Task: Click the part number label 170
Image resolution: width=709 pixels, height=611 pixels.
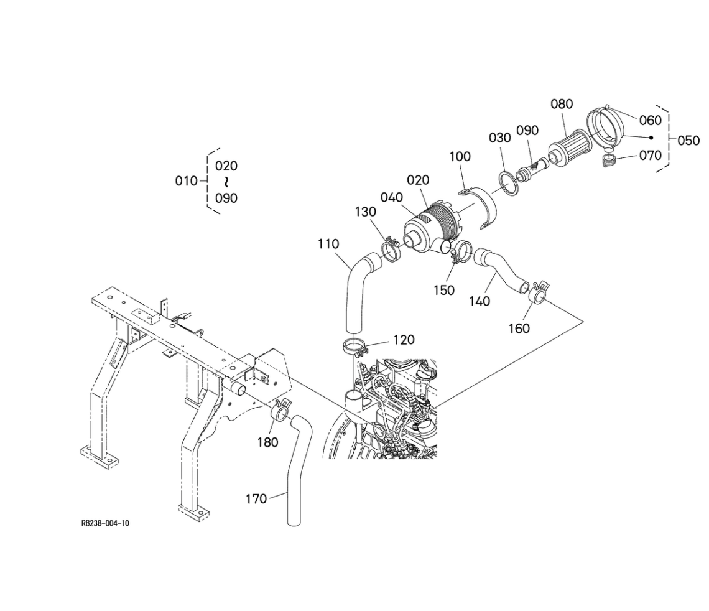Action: (256, 498)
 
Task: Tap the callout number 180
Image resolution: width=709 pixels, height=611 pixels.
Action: (269, 442)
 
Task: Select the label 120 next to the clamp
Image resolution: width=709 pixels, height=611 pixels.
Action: (404, 340)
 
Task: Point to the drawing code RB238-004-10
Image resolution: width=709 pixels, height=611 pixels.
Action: (105, 523)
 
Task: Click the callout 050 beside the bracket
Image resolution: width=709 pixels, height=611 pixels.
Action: (688, 141)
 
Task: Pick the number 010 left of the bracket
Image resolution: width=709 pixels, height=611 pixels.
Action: (187, 181)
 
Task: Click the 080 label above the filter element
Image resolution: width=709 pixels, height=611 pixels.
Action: (562, 104)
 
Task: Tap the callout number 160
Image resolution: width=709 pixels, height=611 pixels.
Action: (519, 328)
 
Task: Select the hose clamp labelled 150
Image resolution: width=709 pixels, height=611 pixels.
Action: (460, 254)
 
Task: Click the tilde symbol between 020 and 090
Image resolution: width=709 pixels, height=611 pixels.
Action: (226, 182)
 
